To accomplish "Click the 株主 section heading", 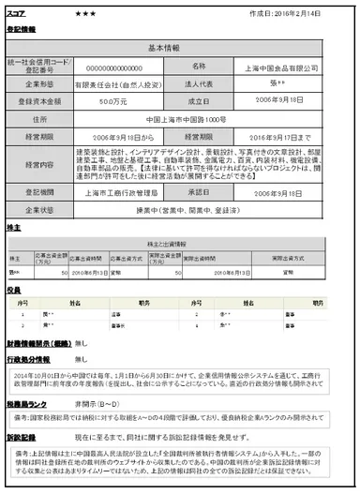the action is click(14, 226).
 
